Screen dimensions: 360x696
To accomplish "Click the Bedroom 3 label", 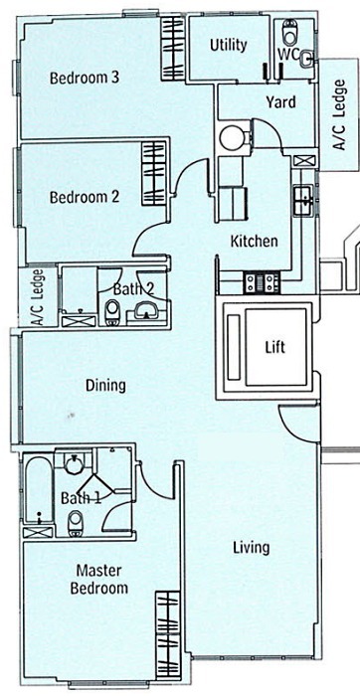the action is [84, 79].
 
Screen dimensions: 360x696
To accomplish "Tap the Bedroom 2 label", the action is [85, 197].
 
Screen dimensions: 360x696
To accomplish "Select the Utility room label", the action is [229, 46].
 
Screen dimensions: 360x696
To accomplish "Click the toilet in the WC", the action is [289, 32].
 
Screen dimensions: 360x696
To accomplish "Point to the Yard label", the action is [281, 102].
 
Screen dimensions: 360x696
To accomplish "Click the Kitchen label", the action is [254, 241].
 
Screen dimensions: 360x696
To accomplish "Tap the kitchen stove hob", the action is [262, 282].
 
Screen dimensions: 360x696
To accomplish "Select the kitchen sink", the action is [303, 200].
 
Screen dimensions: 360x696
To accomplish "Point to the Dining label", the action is [105, 386].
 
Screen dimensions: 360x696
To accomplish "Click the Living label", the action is [252, 548].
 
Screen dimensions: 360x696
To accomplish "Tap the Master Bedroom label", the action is [99, 579].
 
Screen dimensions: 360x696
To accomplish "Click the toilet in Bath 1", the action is [76, 522].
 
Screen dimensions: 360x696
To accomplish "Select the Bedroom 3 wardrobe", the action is [172, 48].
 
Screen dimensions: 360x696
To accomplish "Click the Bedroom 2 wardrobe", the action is [153, 173].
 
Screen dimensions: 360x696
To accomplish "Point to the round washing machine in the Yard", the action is [232, 137].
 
